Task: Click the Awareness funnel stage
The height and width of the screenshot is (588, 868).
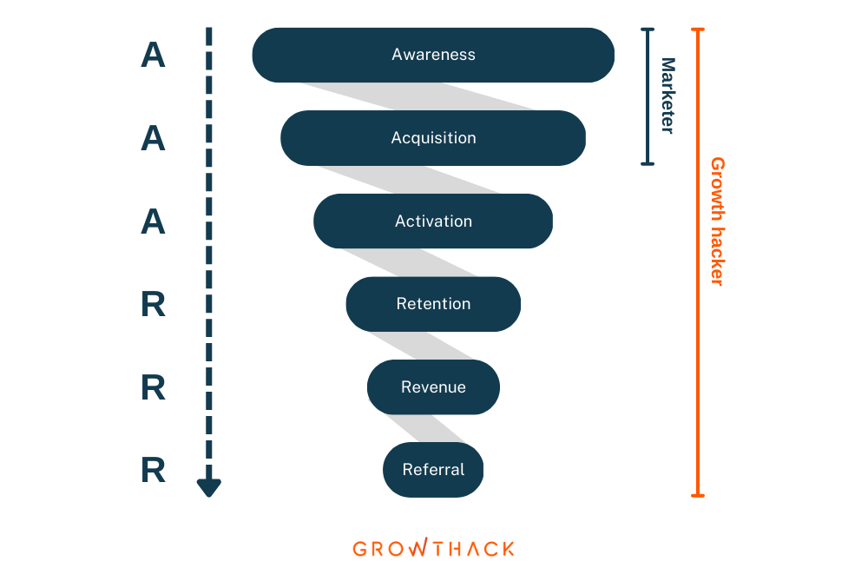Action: coord(433,55)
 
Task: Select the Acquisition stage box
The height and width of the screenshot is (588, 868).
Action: coord(433,138)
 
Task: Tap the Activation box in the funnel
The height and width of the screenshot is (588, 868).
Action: coord(433,221)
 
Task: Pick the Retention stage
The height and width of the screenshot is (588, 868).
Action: coord(433,304)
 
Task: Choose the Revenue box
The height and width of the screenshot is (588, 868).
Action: coord(433,387)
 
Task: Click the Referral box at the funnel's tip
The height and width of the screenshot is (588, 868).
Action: coord(433,470)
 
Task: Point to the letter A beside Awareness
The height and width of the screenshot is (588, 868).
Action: coord(154,56)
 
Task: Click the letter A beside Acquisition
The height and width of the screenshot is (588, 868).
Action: coord(154,138)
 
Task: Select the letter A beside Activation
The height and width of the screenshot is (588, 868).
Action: coord(154,221)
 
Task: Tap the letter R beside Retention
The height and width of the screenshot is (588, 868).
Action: coord(154,304)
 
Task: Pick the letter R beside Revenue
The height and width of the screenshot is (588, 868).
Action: coord(154,387)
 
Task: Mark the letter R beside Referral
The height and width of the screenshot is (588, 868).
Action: coord(154,470)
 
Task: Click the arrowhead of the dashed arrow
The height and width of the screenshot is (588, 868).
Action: coord(208,487)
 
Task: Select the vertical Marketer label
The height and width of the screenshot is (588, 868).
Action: coord(668,96)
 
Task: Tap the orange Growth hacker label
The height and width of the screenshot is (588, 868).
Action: coord(718,221)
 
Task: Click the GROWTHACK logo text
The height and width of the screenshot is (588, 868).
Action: coord(433,548)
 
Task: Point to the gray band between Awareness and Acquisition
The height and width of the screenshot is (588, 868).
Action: coord(418,96)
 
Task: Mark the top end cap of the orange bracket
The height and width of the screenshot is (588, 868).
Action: coord(698,30)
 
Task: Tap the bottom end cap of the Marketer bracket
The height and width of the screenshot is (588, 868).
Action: coord(648,163)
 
